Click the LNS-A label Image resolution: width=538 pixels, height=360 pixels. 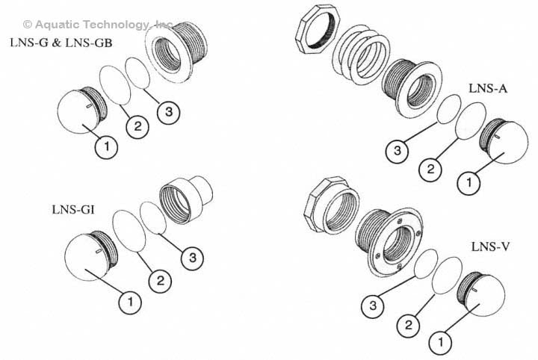coord(488,87)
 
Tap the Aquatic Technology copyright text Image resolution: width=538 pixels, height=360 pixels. coord(98,25)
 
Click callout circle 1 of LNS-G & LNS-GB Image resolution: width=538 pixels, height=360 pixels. coord(107,147)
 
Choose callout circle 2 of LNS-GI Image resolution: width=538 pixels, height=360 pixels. coord(159,281)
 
